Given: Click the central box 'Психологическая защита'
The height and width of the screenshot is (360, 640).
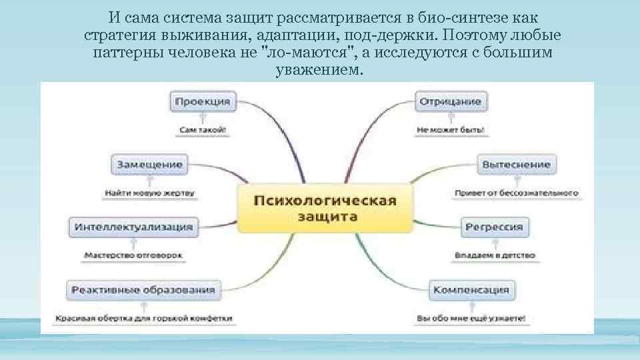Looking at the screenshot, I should [323, 209].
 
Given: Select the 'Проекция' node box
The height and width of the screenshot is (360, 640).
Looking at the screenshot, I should [203, 102].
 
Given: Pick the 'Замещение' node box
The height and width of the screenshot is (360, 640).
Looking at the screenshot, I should [150, 164].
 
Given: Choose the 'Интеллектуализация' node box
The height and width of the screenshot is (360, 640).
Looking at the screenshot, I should [133, 227].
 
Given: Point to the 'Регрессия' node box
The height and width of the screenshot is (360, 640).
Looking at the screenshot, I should [494, 227].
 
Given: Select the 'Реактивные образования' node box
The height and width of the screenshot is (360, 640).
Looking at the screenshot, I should [143, 289].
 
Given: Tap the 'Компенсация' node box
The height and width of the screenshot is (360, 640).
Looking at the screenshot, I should [471, 289].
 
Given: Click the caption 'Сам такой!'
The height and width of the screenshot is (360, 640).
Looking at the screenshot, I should [203, 131].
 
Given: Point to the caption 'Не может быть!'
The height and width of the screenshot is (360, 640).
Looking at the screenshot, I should [451, 131].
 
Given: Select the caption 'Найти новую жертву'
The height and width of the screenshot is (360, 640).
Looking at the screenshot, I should [149, 193].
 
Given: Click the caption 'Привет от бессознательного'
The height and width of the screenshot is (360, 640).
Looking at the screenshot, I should [515, 193].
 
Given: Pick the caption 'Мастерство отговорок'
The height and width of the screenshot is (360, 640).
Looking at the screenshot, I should [133, 255].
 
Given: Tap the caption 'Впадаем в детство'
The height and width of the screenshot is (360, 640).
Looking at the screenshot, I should [495, 255].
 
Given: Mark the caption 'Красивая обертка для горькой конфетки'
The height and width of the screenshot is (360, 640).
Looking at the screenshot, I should [144, 319].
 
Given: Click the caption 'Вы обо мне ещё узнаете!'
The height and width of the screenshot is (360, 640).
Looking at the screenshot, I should [471, 319].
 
